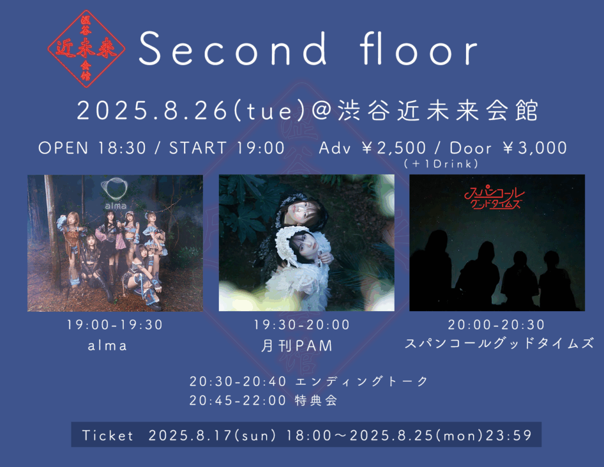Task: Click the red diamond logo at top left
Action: click(x=86, y=48)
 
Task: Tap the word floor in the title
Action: click(x=419, y=48)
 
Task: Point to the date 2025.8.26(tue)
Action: click(x=191, y=110)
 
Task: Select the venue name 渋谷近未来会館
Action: click(x=438, y=110)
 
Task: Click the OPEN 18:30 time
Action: click(x=93, y=148)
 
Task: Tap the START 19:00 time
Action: click(x=227, y=148)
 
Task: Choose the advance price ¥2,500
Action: click(x=393, y=148)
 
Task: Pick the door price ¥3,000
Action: click(x=534, y=148)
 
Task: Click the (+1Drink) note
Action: click(x=441, y=164)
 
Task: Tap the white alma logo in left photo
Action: click(x=115, y=194)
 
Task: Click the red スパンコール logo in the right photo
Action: click(x=495, y=197)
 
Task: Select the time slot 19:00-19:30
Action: click(x=115, y=325)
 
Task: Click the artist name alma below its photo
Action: click(x=107, y=346)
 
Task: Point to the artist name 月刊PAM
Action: click(x=297, y=345)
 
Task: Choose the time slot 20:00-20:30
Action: click(x=496, y=325)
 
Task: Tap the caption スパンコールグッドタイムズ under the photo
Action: click(x=499, y=343)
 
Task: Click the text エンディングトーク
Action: click(x=362, y=381)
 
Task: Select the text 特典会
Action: click(x=316, y=400)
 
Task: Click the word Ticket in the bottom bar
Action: click(x=108, y=435)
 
